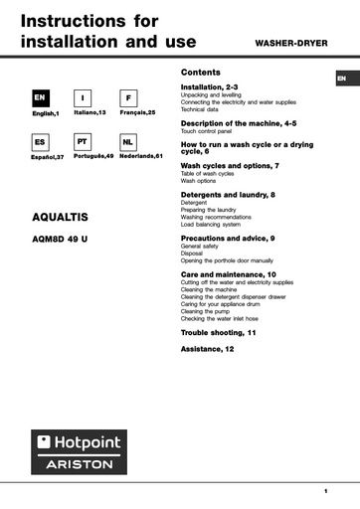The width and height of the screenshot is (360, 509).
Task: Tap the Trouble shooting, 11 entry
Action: click(218, 332)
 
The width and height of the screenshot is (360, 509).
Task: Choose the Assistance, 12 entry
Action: click(207, 349)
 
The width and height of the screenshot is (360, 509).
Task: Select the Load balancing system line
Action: click(210, 225)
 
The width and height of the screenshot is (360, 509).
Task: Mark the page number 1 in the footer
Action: click(325, 491)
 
